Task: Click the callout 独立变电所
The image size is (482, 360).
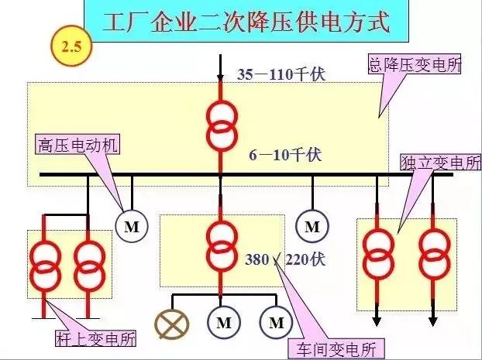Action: (x=439, y=163)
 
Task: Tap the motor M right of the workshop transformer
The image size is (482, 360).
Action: (x=312, y=226)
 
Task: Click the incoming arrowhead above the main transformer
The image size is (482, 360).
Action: (x=221, y=74)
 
